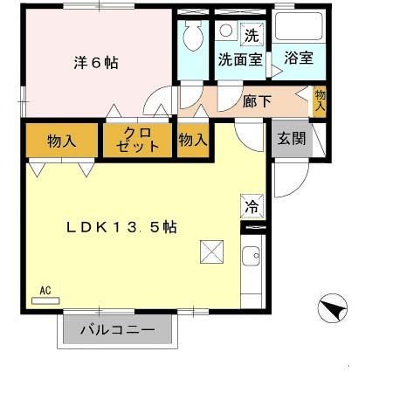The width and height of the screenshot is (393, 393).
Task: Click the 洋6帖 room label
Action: (95, 64)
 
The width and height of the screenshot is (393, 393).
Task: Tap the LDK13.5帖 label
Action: (122, 227)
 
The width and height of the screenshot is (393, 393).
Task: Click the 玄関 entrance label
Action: (291, 139)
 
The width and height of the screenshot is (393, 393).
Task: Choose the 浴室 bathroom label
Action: (299, 59)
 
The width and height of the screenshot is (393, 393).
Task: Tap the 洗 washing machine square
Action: (252, 36)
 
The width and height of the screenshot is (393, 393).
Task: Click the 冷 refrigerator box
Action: (251, 208)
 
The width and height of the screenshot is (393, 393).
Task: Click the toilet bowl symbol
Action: (192, 37)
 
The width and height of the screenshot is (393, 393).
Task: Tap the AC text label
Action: (45, 289)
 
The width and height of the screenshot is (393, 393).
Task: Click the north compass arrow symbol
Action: (334, 308)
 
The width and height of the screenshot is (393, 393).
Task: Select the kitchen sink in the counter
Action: (252, 258)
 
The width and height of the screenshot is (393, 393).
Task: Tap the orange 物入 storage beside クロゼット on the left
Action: (60, 140)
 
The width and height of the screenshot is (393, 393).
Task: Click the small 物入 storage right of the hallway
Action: (320, 100)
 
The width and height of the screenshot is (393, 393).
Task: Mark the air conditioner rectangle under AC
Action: (45, 300)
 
